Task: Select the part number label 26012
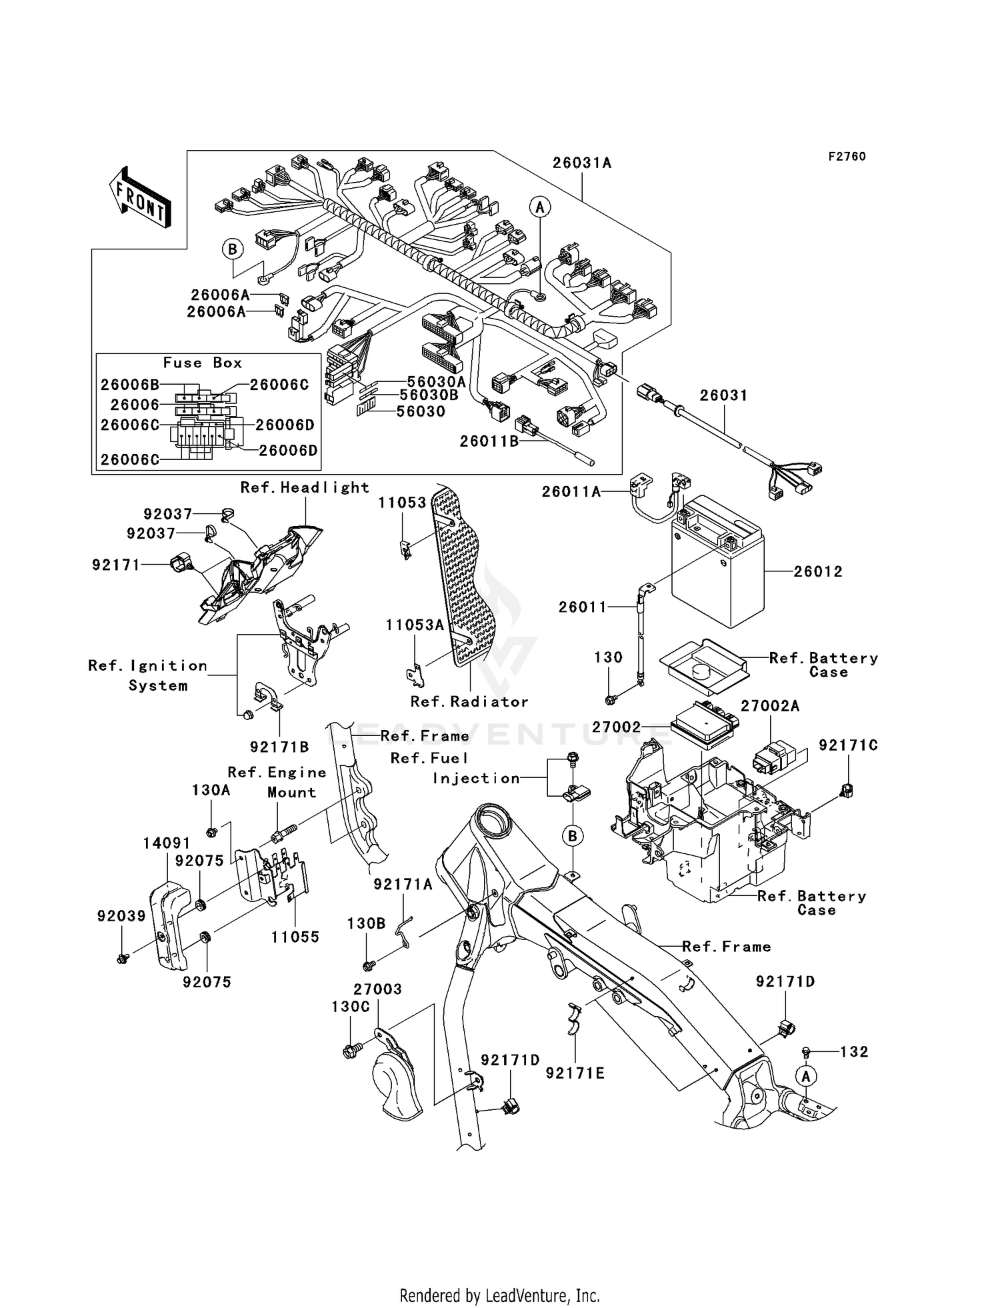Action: coord(818,571)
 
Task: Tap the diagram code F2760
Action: coord(847,157)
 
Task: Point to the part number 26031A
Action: coord(581,163)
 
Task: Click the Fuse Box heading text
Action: coord(203,363)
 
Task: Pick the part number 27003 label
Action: coord(377,989)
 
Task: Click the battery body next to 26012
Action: coord(717,573)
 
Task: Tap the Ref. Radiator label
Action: coord(469,702)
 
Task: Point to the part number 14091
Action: coord(167,843)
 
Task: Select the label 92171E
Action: coord(575,1073)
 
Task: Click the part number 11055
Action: coord(295,937)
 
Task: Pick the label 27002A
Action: coord(770,706)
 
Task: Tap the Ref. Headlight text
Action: coord(305,488)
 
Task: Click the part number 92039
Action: coord(121,916)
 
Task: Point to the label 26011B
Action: coord(489,441)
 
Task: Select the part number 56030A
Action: coord(436,382)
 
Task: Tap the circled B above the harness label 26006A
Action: coord(233,249)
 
